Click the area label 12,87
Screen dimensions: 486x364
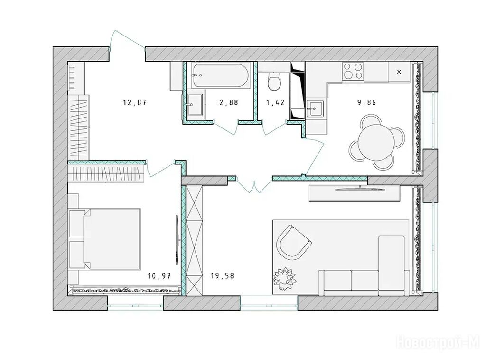pyautogui.click(x=134, y=102)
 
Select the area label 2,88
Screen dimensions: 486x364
pyautogui.click(x=229, y=102)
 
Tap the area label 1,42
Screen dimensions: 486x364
pyautogui.click(x=275, y=102)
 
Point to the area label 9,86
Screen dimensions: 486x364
pyautogui.click(x=367, y=102)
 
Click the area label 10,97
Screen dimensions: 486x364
pyautogui.click(x=159, y=275)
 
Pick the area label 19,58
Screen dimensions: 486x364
pyautogui.click(x=222, y=275)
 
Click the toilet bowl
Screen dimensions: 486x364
pyautogui.click(x=274, y=82)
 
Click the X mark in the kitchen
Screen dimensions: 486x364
pyautogui.click(x=399, y=72)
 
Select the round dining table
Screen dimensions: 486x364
pyautogui.click(x=377, y=142)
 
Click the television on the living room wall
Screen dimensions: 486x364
pyautogui.click(x=359, y=188)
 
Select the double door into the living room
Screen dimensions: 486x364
pyautogui.click(x=254, y=185)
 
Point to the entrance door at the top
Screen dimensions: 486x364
pyautogui.click(x=127, y=40)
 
